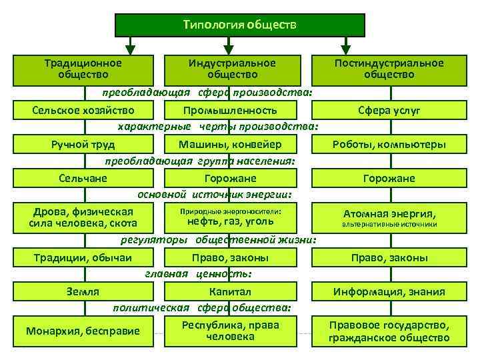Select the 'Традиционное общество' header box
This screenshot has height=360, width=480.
tap(83, 69)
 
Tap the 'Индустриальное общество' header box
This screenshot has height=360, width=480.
tap(231, 69)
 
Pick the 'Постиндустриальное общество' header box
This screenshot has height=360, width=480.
tap(389, 69)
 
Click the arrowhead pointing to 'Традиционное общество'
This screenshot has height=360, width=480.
tap(131, 49)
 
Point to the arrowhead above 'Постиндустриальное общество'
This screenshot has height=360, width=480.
tap(345, 49)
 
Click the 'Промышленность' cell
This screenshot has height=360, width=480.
tap(230, 109)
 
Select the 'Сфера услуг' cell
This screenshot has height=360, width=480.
tap(389, 109)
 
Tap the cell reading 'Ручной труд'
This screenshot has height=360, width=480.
tap(83, 144)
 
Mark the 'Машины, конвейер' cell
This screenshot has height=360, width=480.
tap(230, 144)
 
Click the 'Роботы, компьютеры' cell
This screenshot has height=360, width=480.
tap(389, 144)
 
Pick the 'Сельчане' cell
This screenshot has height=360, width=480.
tap(83, 178)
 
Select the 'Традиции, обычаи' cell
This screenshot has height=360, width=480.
tap(83, 258)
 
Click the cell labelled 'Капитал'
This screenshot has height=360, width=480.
tap(230, 291)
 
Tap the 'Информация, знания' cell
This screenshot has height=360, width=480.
tap(389, 291)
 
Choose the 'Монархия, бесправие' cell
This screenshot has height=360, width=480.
tap(83, 331)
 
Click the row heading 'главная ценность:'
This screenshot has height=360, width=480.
tap(199, 273)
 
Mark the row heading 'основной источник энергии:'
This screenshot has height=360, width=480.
tap(215, 194)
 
